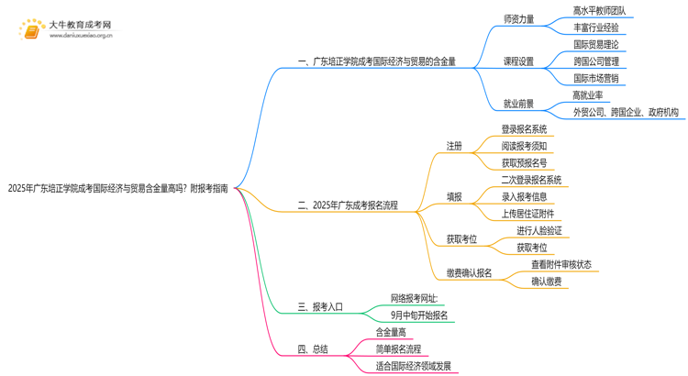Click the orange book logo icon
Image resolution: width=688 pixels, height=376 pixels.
pyautogui.click(x=32, y=30)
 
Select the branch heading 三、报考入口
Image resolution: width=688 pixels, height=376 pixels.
pyautogui.click(x=320, y=307)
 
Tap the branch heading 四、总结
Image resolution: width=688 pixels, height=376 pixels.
pyautogui.click(x=313, y=349)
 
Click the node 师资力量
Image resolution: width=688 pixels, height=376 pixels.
pyautogui.click(x=518, y=19)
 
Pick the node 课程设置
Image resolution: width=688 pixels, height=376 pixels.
pyautogui.click(x=518, y=61)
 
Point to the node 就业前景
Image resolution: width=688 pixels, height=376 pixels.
pyautogui.click(x=518, y=104)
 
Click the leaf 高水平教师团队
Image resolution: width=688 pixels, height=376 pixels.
pyautogui.click(x=599, y=11)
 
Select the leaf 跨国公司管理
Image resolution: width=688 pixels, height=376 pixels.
pyautogui.click(x=596, y=61)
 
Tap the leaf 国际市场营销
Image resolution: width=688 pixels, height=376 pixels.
pyautogui.click(x=596, y=78)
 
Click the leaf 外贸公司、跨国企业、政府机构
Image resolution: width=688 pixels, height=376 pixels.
pyautogui.click(x=626, y=112)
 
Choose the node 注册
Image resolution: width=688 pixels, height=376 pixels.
pyautogui.click(x=454, y=146)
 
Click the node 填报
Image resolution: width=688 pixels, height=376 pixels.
pyautogui.click(x=454, y=197)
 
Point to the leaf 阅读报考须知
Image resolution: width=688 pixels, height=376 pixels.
pyautogui.click(x=524, y=146)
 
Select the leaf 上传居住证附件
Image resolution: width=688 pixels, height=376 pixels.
pyautogui.click(x=527, y=214)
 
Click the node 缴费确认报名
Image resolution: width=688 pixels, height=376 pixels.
pyautogui.click(x=470, y=273)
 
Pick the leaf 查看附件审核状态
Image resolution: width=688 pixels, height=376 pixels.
pyautogui.click(x=561, y=264)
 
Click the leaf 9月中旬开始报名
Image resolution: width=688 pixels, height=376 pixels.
pyautogui.click(x=419, y=315)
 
